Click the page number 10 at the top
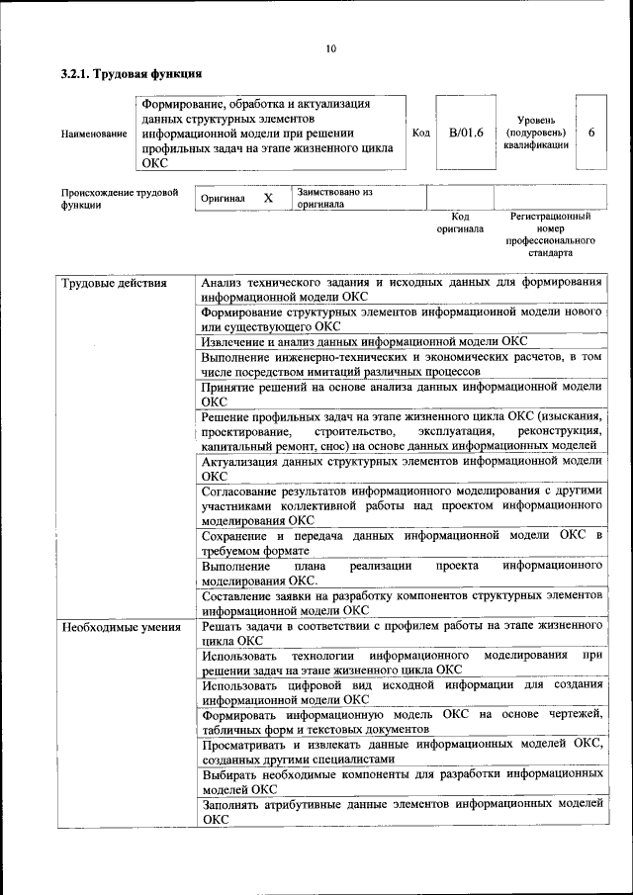coord(330,48)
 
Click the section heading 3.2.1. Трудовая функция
coord(132,73)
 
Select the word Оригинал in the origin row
coord(223,198)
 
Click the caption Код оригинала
coord(460,223)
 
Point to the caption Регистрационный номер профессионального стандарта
coord(550,233)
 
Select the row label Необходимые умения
coord(121,626)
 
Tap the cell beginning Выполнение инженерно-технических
coord(401,364)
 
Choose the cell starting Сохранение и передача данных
coord(401,542)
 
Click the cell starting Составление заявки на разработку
coord(401,603)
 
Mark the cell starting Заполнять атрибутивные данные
coord(401,811)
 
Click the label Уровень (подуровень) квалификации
coord(537,132)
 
